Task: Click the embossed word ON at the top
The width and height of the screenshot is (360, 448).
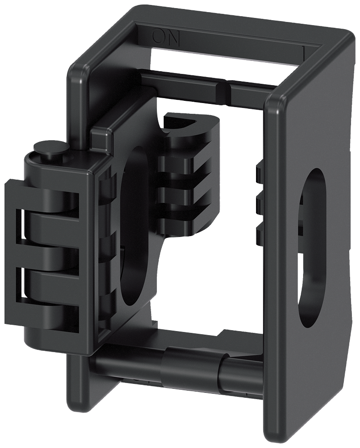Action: (x=166, y=37)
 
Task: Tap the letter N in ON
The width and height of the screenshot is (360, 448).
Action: (x=173, y=37)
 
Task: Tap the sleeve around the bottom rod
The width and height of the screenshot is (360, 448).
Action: (x=193, y=361)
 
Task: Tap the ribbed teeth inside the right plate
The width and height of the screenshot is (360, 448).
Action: (x=259, y=197)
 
